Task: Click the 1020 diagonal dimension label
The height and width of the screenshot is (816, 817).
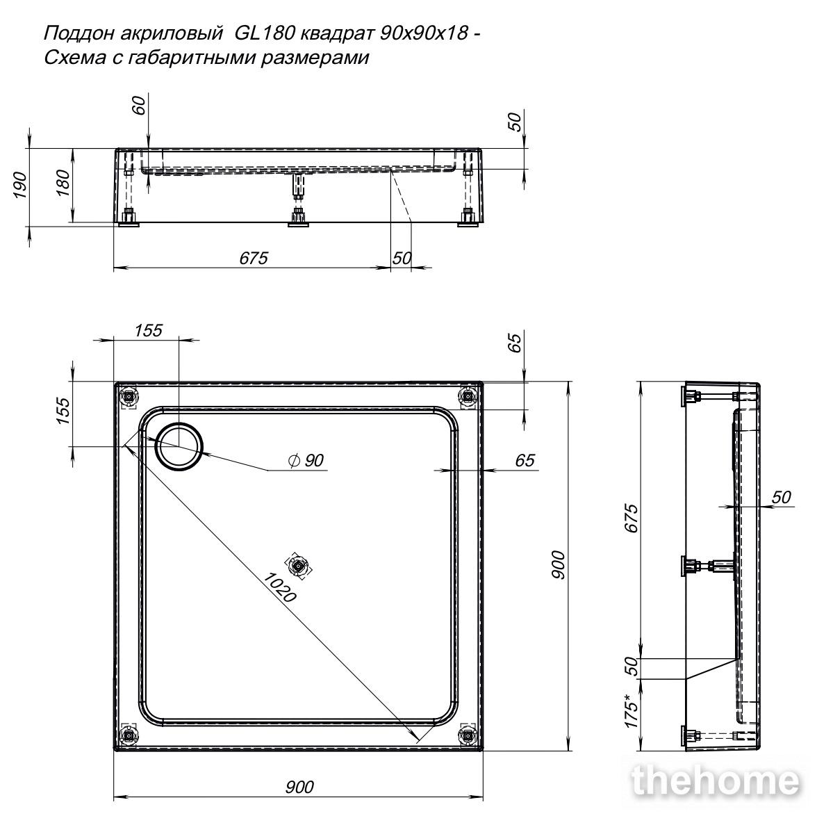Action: (279, 587)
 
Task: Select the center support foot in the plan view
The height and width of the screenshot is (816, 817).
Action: (298, 565)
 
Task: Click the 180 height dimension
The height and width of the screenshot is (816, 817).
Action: (63, 183)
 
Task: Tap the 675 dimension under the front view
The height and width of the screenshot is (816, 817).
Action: (254, 258)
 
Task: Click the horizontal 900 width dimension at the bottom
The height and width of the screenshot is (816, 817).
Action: (299, 787)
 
